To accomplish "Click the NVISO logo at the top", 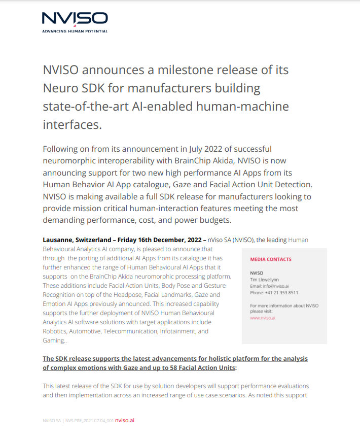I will click(x=75, y=19).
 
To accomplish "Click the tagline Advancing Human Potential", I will click(x=75, y=31).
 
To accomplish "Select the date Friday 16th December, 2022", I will click(x=166, y=240).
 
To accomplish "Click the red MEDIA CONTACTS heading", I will click(x=271, y=259).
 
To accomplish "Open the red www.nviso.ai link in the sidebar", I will click(x=263, y=318).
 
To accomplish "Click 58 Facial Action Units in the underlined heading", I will click(x=200, y=367).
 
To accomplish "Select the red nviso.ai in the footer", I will click(x=125, y=420).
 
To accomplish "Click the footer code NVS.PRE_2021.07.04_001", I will click(x=89, y=421).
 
